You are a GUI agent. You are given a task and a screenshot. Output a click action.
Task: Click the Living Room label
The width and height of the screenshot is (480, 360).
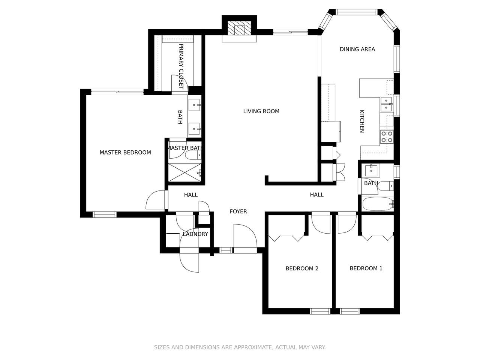coord(261,111)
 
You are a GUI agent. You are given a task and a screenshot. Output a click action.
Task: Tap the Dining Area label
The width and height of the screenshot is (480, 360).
coord(357,49)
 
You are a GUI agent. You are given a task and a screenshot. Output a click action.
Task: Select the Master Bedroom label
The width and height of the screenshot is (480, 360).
coord(125,152)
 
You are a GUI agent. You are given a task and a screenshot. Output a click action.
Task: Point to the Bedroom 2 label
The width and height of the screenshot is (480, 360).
coord(302,268)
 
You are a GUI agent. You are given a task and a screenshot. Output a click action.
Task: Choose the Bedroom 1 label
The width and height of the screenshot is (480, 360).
coord(366,268)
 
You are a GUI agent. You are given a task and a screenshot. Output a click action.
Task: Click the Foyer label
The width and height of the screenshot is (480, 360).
coord(238,211)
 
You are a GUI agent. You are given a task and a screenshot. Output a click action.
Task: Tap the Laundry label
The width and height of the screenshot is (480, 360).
coord(195,234)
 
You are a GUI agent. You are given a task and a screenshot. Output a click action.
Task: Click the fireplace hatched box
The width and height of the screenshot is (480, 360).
coord(239,28)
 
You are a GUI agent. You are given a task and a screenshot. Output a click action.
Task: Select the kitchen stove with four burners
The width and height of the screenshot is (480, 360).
coord(387,136)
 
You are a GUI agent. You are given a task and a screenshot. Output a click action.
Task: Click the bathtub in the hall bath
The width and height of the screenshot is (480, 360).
coord(378,204)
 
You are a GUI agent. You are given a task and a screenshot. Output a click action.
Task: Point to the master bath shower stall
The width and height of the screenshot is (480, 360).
coord(185,172)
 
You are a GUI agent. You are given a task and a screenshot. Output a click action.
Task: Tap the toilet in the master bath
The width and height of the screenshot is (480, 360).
coord(193,155)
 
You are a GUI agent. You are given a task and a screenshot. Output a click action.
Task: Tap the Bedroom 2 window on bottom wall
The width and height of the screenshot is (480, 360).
coord(320,311)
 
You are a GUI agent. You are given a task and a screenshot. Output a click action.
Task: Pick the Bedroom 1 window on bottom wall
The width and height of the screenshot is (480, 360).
coord(349,311)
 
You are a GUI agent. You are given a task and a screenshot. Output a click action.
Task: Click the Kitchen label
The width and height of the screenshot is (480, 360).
coord(362,121)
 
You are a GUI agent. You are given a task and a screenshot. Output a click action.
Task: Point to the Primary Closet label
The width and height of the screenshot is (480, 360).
coord(181,66)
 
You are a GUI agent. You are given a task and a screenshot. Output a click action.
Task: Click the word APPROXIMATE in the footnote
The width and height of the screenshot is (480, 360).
coord(253,347)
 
